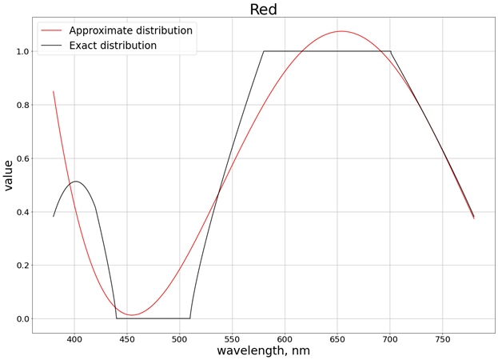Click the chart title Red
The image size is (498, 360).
click(x=263, y=10)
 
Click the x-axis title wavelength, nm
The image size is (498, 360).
click(x=263, y=350)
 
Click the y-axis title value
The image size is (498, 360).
click(x=9, y=174)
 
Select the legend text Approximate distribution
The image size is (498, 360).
click(x=130, y=30)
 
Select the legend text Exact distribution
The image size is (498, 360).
click(x=113, y=46)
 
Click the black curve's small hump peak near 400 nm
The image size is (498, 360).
click(x=76, y=182)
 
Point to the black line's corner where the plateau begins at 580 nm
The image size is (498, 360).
click(x=264, y=51)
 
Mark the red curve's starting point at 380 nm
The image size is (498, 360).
click(x=54, y=91)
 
